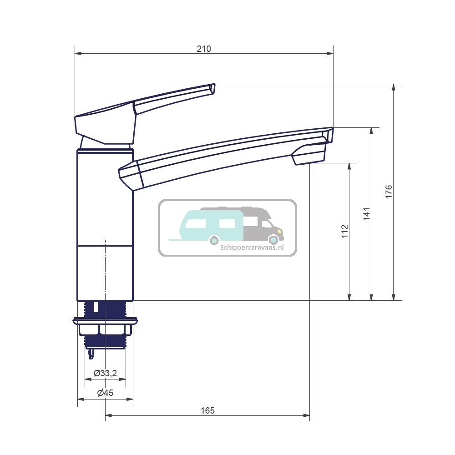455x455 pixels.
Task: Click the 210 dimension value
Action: pyautogui.click(x=204, y=49)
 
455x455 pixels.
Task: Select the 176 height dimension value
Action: pyautogui.click(x=388, y=192)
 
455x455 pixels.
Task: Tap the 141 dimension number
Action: pyautogui.click(x=367, y=213)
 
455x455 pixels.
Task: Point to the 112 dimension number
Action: pyautogui.click(x=344, y=231)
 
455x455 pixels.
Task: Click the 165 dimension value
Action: pyautogui.click(x=207, y=410)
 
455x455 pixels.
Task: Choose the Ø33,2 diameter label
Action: pyautogui.click(x=105, y=373)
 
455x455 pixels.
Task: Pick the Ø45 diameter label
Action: pyautogui.click(x=105, y=393)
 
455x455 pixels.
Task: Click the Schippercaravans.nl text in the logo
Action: pyautogui.click(x=252, y=248)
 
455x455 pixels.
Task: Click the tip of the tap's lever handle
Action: pyautogui.click(x=212, y=89)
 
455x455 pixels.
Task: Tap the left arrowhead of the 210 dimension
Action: pyautogui.click(x=77, y=54)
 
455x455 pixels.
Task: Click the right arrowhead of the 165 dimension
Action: pyautogui.click(x=308, y=415)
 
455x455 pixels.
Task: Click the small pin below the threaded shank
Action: pyautogui.click(x=91, y=354)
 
